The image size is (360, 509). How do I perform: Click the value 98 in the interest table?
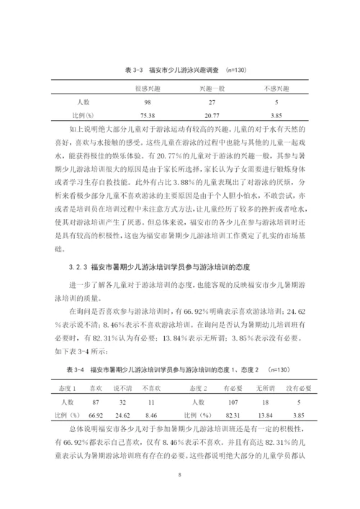click(147, 102)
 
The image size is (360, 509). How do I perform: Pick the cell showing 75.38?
click(147, 115)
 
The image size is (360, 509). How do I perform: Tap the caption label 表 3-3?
click(135, 70)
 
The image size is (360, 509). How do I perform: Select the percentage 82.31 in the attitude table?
click(233, 415)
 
